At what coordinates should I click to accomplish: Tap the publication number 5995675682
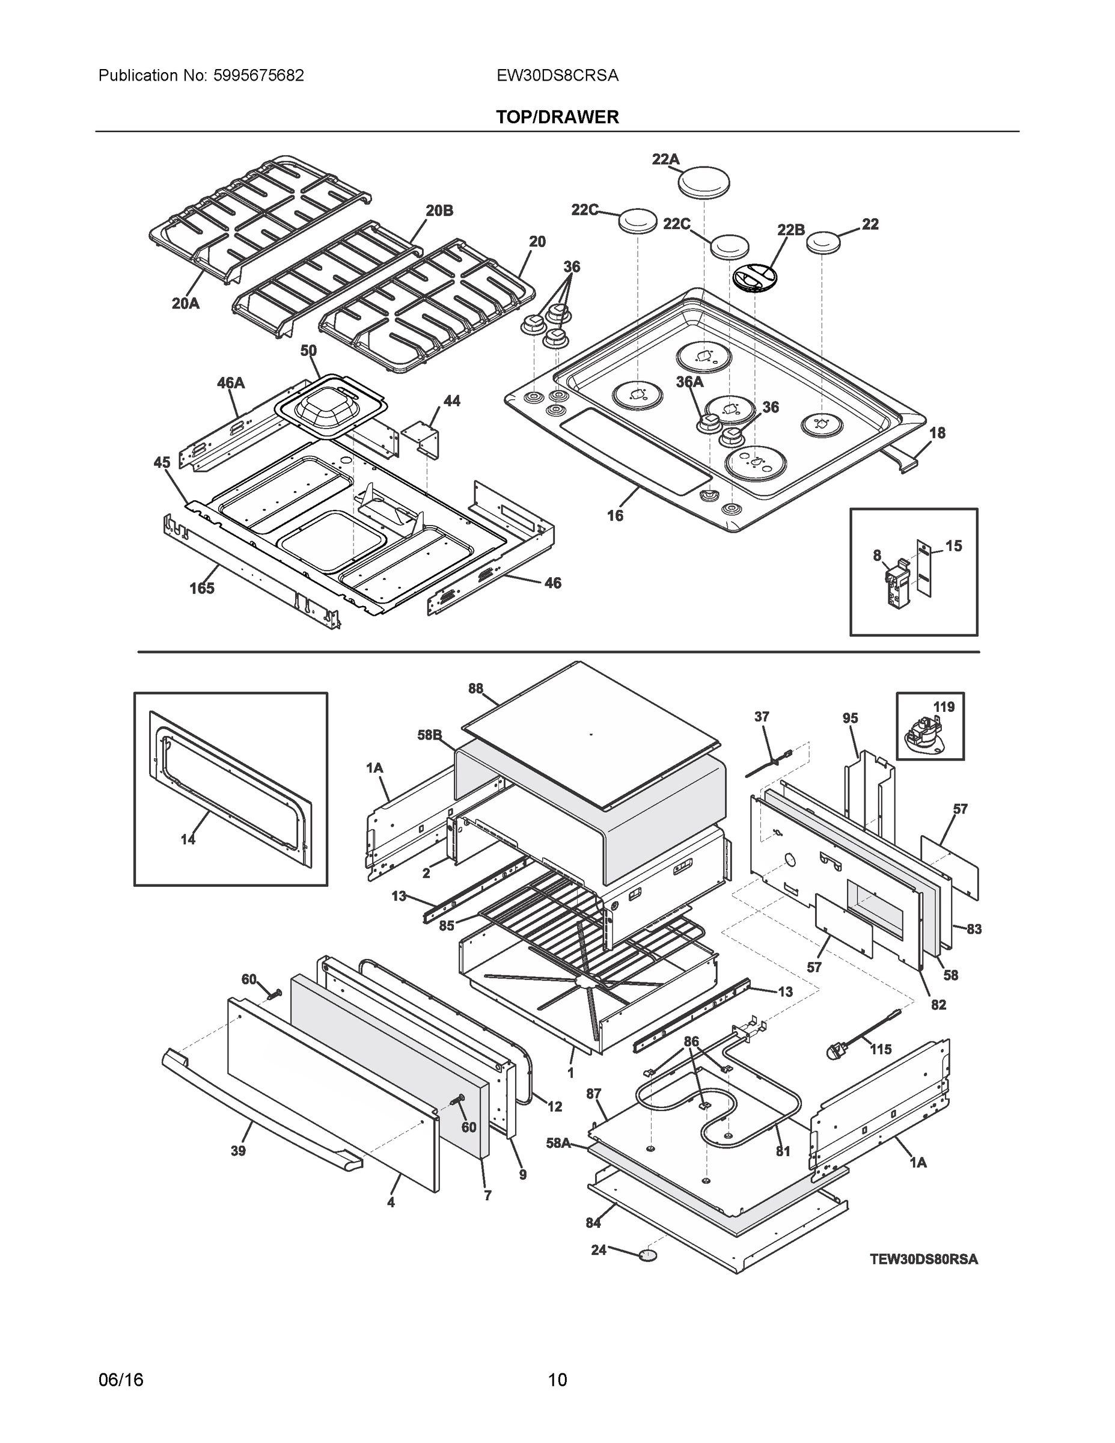point(258,75)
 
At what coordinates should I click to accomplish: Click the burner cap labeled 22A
point(704,181)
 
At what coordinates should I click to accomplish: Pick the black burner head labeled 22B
point(754,276)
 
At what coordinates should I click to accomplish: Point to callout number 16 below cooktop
point(615,515)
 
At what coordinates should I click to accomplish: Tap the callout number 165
point(202,588)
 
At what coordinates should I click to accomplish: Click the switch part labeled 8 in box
point(896,583)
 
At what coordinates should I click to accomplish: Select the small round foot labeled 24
point(648,1254)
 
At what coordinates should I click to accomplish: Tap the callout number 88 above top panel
point(475,688)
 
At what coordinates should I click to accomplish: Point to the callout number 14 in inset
point(188,839)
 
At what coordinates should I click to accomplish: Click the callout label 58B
point(429,735)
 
